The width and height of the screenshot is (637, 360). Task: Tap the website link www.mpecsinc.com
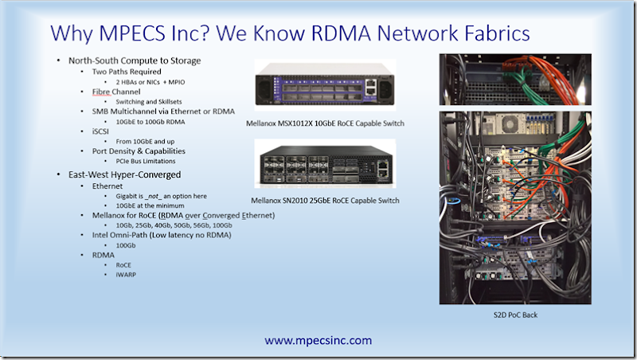(318, 340)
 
